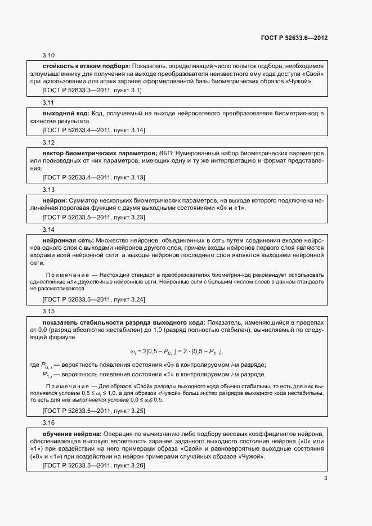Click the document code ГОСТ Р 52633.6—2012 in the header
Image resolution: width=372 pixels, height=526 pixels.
[x=294, y=38]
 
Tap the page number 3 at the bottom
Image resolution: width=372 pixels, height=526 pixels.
[x=325, y=478]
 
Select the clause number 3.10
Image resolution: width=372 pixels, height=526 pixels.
[x=48, y=56]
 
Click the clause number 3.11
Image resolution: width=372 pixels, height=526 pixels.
[x=48, y=104]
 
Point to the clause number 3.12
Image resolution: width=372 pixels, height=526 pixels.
[x=48, y=143]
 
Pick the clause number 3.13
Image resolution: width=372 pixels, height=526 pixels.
[x=48, y=190]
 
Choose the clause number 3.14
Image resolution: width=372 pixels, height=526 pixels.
[x=48, y=230]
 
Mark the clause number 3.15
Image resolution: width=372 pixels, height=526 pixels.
[x=48, y=311]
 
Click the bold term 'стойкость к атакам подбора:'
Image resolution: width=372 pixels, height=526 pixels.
[x=87, y=66]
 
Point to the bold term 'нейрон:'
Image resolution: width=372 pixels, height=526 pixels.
[x=55, y=200]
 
